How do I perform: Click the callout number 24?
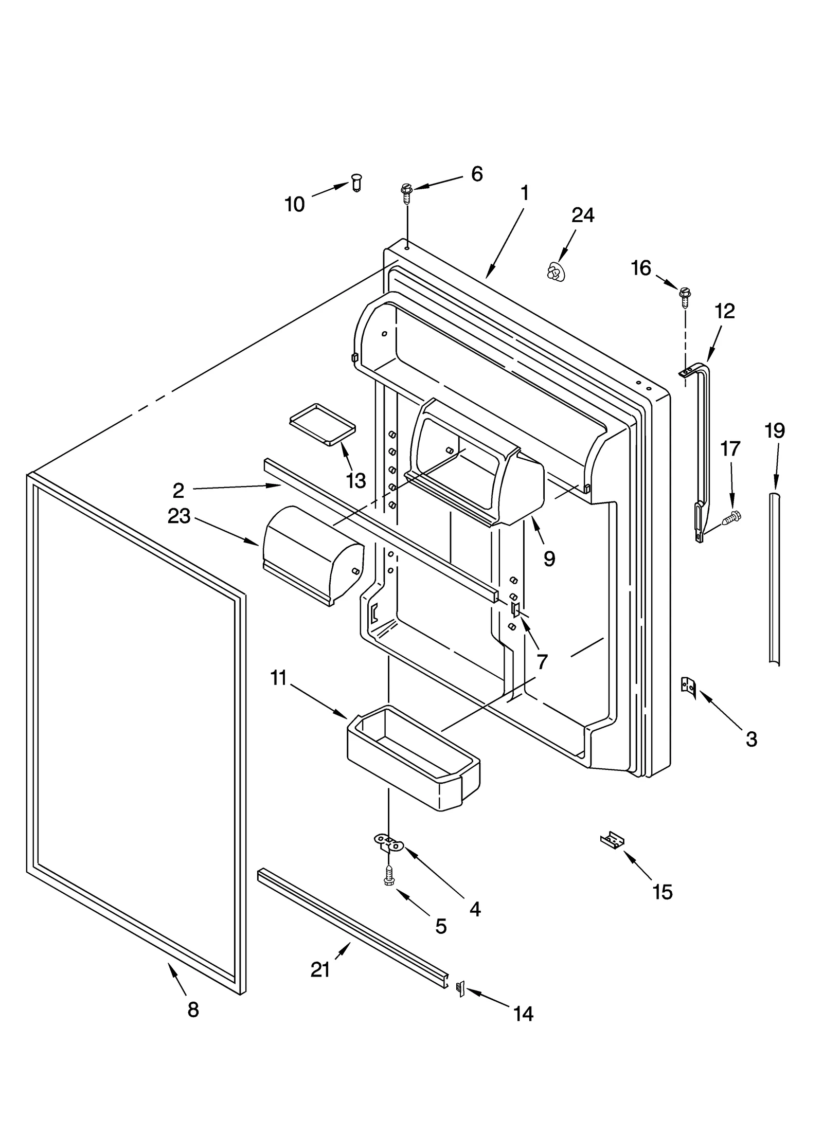tap(582, 215)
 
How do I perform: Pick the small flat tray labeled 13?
tap(322, 423)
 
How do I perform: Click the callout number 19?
tap(774, 430)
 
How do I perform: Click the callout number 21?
tap(320, 969)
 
